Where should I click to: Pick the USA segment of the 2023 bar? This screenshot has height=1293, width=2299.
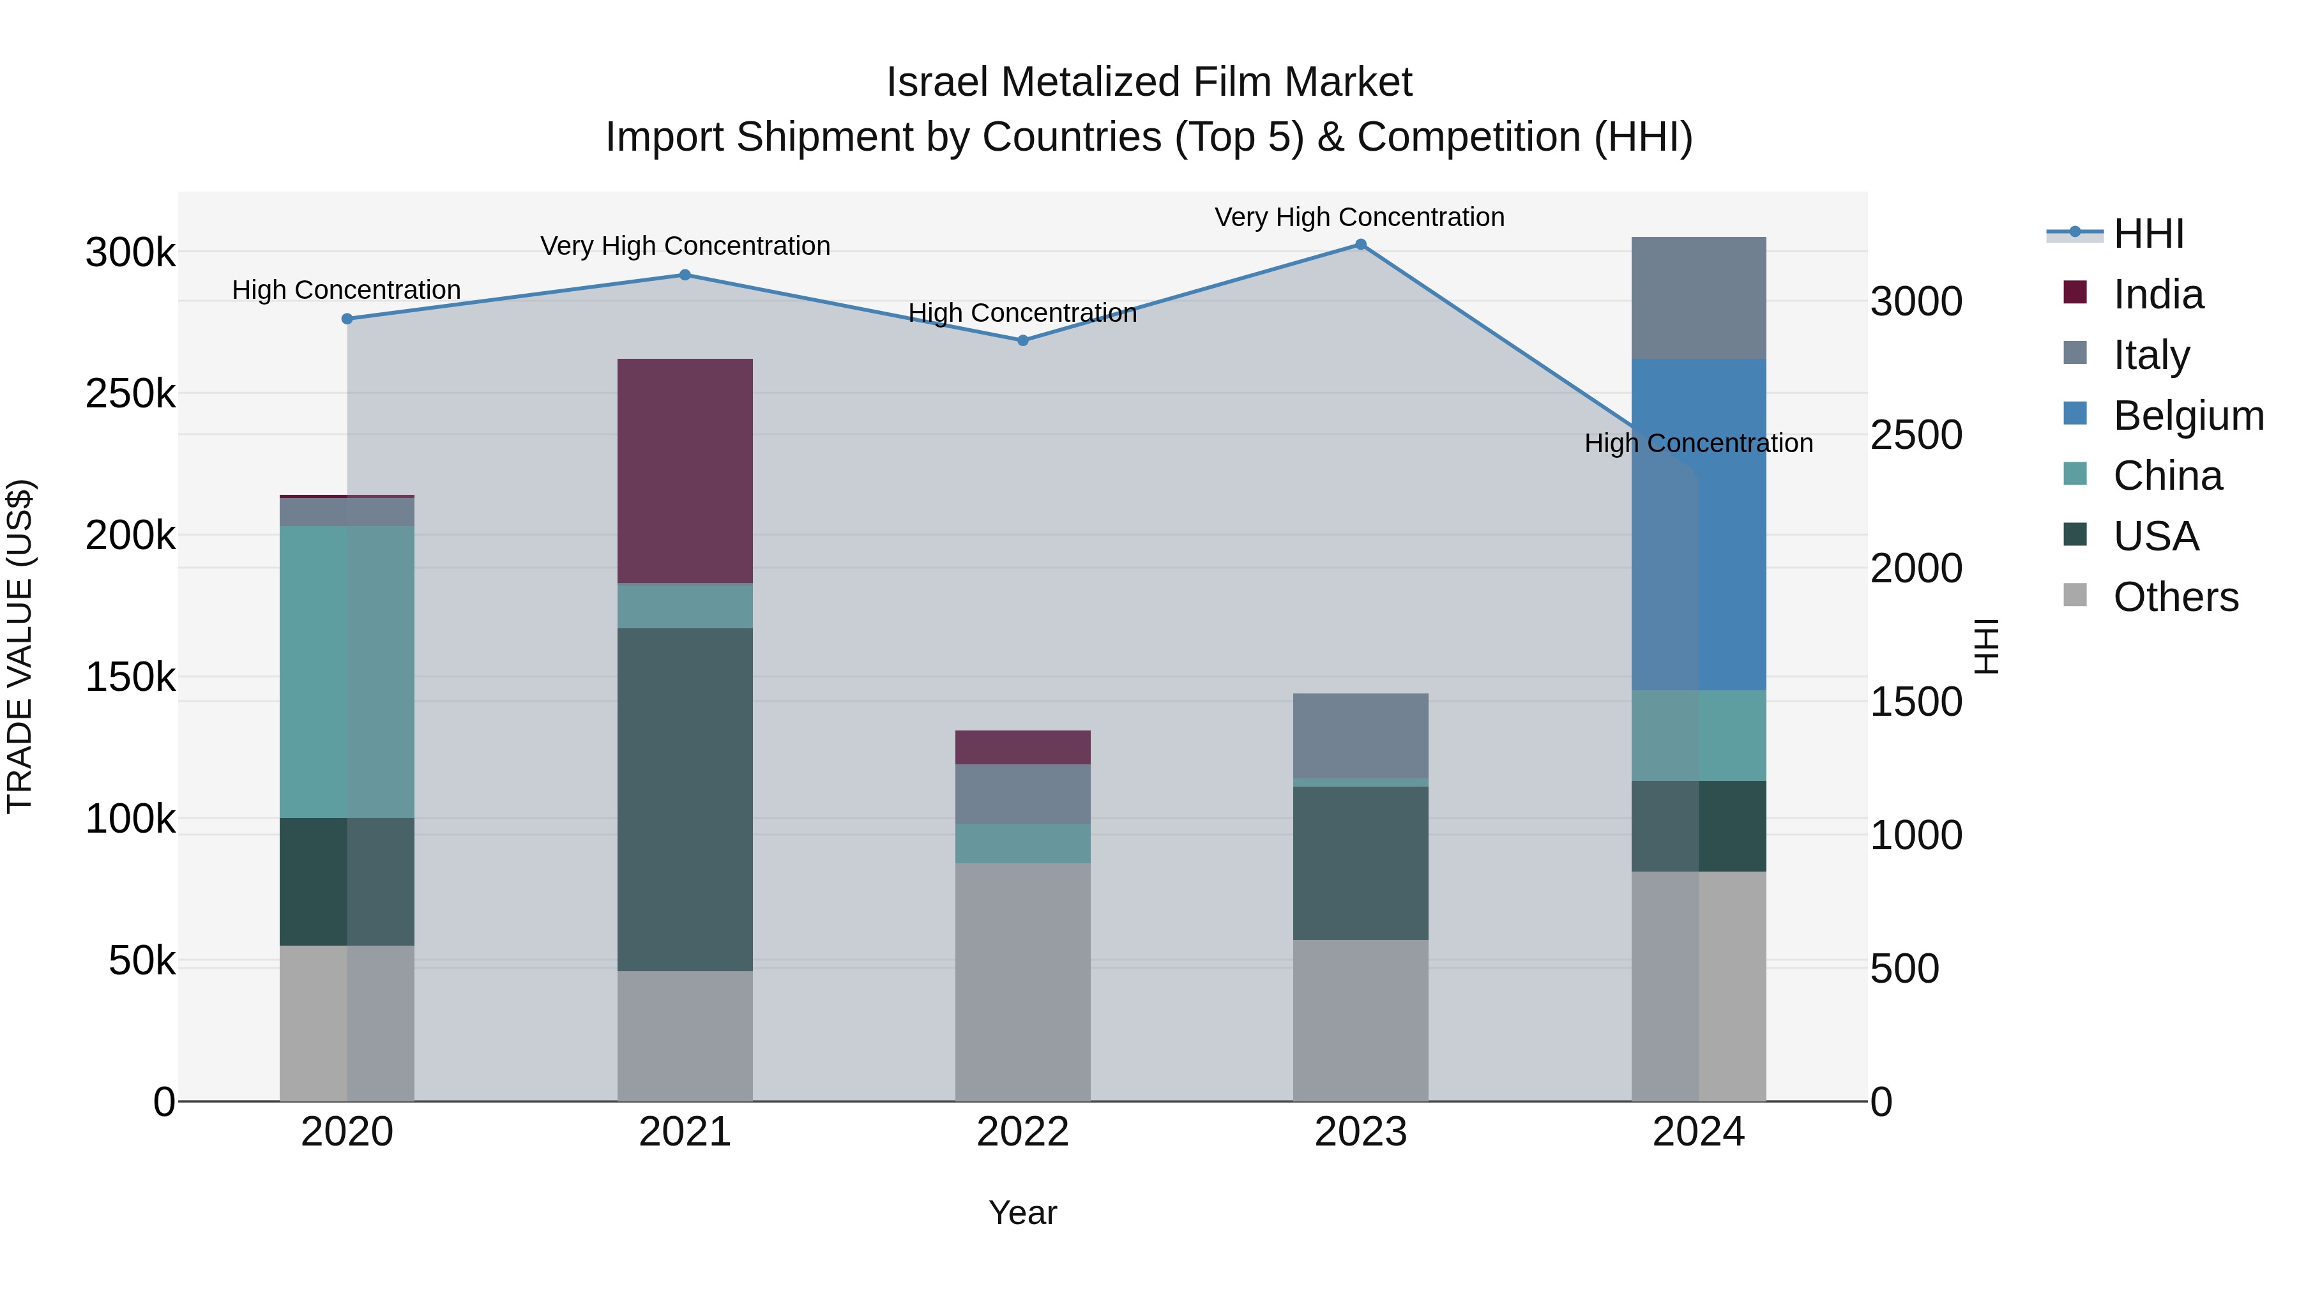(1360, 862)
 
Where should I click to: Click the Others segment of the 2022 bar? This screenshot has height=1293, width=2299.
(1023, 981)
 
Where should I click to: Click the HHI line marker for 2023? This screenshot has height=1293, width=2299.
(1360, 245)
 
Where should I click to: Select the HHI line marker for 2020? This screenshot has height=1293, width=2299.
(347, 319)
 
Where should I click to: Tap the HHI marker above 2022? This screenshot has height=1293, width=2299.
(1023, 340)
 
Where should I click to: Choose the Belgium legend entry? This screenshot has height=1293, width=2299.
(2187, 416)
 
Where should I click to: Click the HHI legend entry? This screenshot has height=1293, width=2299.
(2147, 234)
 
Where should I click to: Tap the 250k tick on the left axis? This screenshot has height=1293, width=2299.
(130, 393)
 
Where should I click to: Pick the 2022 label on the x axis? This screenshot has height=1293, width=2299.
(1023, 1132)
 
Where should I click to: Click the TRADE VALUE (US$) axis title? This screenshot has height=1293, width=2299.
(20, 646)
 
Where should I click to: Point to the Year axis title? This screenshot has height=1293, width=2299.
(1023, 1213)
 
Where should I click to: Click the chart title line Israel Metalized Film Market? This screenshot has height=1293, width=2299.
(1149, 82)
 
